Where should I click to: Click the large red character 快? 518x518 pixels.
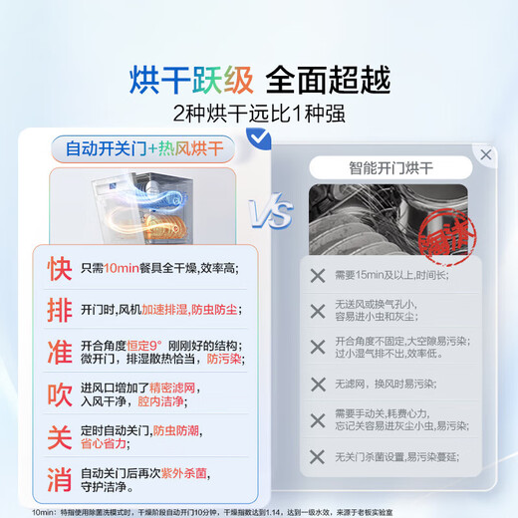click(x=59, y=269)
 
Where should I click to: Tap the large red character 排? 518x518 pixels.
click(x=59, y=310)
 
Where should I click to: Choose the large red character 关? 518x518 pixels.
click(x=59, y=435)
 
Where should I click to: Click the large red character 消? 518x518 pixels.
click(x=59, y=477)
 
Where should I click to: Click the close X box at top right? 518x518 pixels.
click(x=485, y=155)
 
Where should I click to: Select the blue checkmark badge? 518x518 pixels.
click(x=260, y=138)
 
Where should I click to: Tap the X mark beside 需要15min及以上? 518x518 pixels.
click(x=318, y=276)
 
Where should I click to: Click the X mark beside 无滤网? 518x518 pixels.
click(x=318, y=384)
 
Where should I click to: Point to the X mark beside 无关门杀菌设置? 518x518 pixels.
click(x=318, y=455)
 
